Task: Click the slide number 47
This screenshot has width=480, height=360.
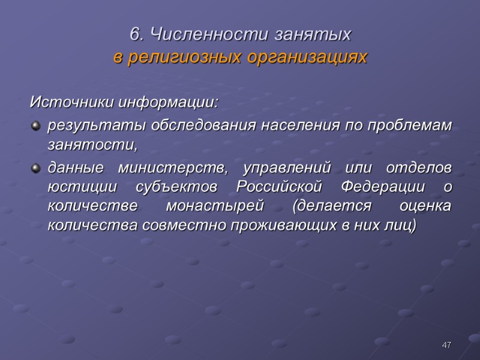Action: pos(446,345)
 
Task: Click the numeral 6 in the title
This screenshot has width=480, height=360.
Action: pos(135,35)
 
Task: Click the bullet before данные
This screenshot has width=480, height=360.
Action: pos(35,166)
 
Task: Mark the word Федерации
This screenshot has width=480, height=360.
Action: pos(384,186)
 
